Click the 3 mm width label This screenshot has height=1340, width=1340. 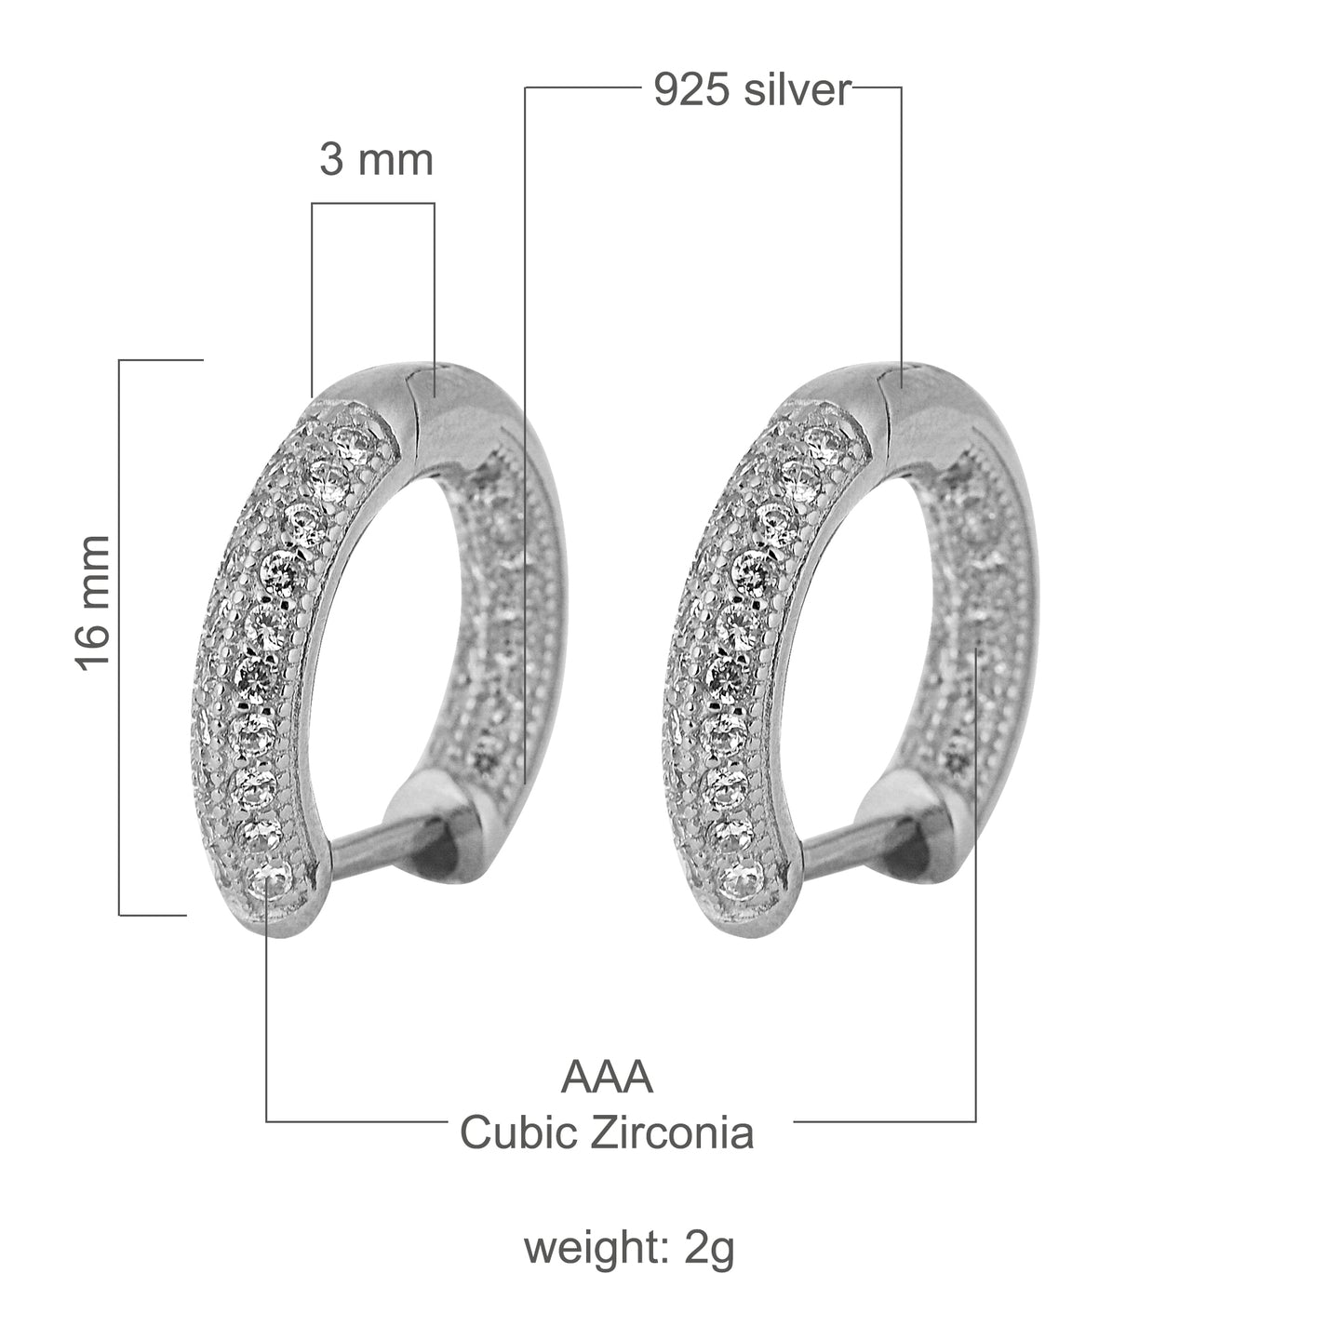click(x=376, y=160)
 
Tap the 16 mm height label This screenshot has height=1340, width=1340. click(x=94, y=601)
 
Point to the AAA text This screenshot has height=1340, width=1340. click(x=607, y=1078)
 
